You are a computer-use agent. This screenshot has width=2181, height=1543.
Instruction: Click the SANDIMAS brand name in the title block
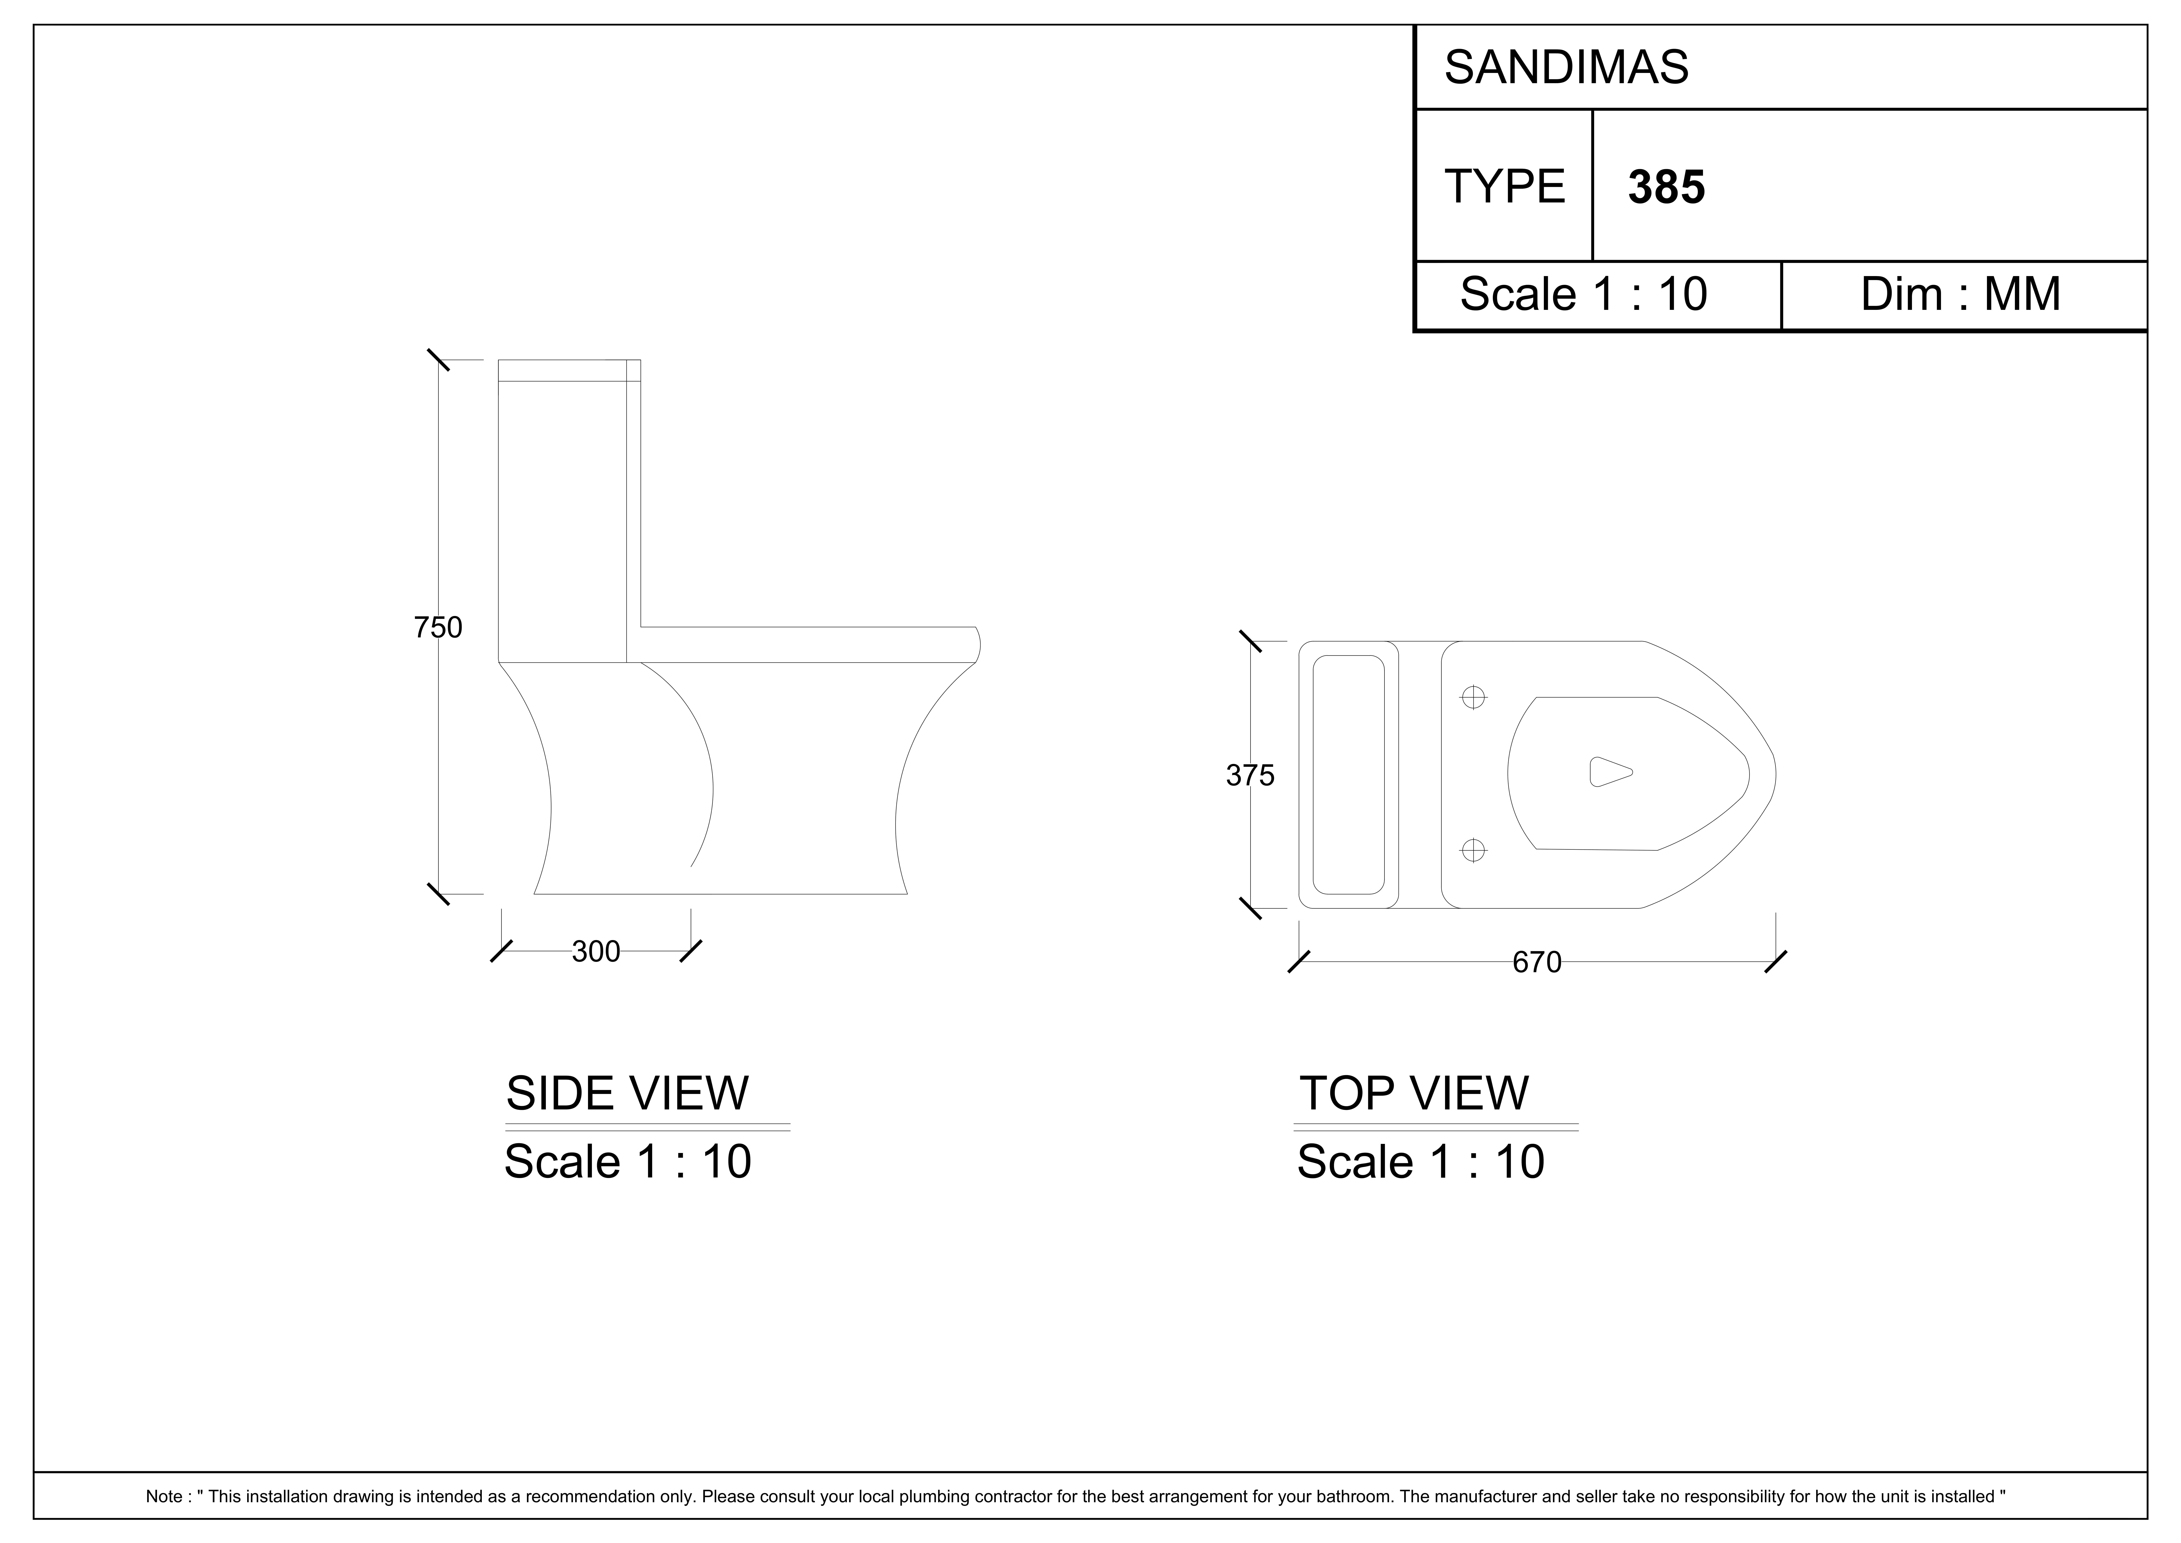click(x=1566, y=68)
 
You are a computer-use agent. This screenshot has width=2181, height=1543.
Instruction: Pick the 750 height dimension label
click(x=438, y=628)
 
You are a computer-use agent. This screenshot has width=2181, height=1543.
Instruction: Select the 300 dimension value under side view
click(x=596, y=951)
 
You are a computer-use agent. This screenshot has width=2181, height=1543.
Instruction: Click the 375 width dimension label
click(x=1250, y=776)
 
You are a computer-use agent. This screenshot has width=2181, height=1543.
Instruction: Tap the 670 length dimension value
click(x=1537, y=962)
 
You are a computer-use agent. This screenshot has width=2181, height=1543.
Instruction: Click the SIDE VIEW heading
click(x=627, y=1094)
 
